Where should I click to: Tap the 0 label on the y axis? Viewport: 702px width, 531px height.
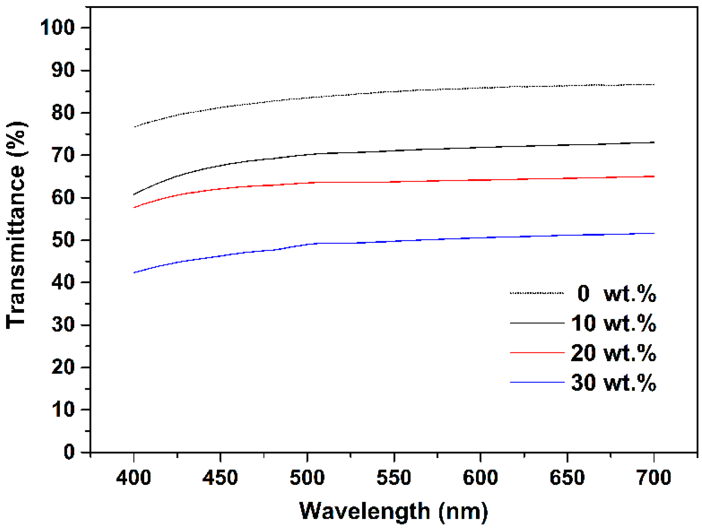(x=69, y=452)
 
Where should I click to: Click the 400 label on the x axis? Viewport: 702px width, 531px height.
(x=134, y=477)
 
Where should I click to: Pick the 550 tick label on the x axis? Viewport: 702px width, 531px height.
(x=394, y=477)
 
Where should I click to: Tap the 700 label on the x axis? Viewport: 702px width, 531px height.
(x=654, y=477)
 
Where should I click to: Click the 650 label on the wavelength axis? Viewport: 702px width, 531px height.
(x=567, y=477)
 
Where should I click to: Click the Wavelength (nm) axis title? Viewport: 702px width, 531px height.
(x=393, y=511)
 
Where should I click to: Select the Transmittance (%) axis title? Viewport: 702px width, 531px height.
(x=16, y=225)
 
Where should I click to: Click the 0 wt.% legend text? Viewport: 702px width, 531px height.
(x=616, y=294)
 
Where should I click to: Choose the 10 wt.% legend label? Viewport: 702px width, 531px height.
(x=613, y=323)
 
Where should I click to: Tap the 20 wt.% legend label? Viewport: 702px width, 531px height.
(x=613, y=353)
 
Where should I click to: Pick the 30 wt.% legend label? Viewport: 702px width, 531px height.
(x=613, y=383)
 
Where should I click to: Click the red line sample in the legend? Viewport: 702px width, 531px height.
(x=537, y=352)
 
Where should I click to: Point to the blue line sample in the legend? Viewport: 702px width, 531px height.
(x=537, y=382)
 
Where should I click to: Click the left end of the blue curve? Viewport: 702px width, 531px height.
(x=134, y=273)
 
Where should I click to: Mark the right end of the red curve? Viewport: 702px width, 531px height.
(x=654, y=176)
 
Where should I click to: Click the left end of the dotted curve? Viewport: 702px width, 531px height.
(x=134, y=127)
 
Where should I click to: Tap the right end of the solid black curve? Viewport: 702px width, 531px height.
(x=654, y=142)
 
